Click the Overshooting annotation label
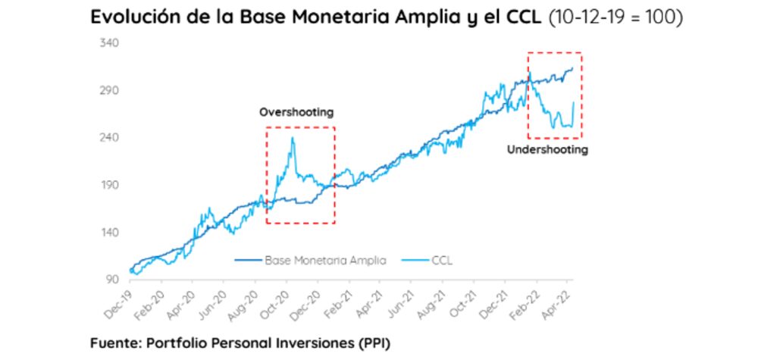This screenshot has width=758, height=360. (x=296, y=112)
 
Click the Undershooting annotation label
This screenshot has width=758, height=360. (x=547, y=150)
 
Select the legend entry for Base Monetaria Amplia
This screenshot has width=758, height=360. (x=325, y=260)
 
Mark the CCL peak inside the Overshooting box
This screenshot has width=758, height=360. (x=293, y=138)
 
